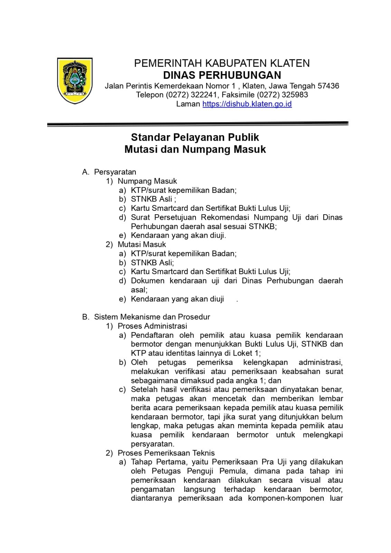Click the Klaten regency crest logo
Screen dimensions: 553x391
74,81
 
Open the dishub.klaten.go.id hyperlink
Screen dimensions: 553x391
247,104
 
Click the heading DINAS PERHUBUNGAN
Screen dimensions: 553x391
222,75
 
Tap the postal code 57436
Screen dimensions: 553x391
328,86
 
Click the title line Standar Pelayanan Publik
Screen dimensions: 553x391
195,138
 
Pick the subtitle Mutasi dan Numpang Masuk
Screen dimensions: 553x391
195,149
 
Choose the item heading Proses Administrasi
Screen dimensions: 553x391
152,326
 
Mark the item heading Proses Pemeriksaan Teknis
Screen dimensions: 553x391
166,453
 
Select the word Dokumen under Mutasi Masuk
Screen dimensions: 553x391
147,281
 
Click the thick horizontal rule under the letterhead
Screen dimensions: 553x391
198,124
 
